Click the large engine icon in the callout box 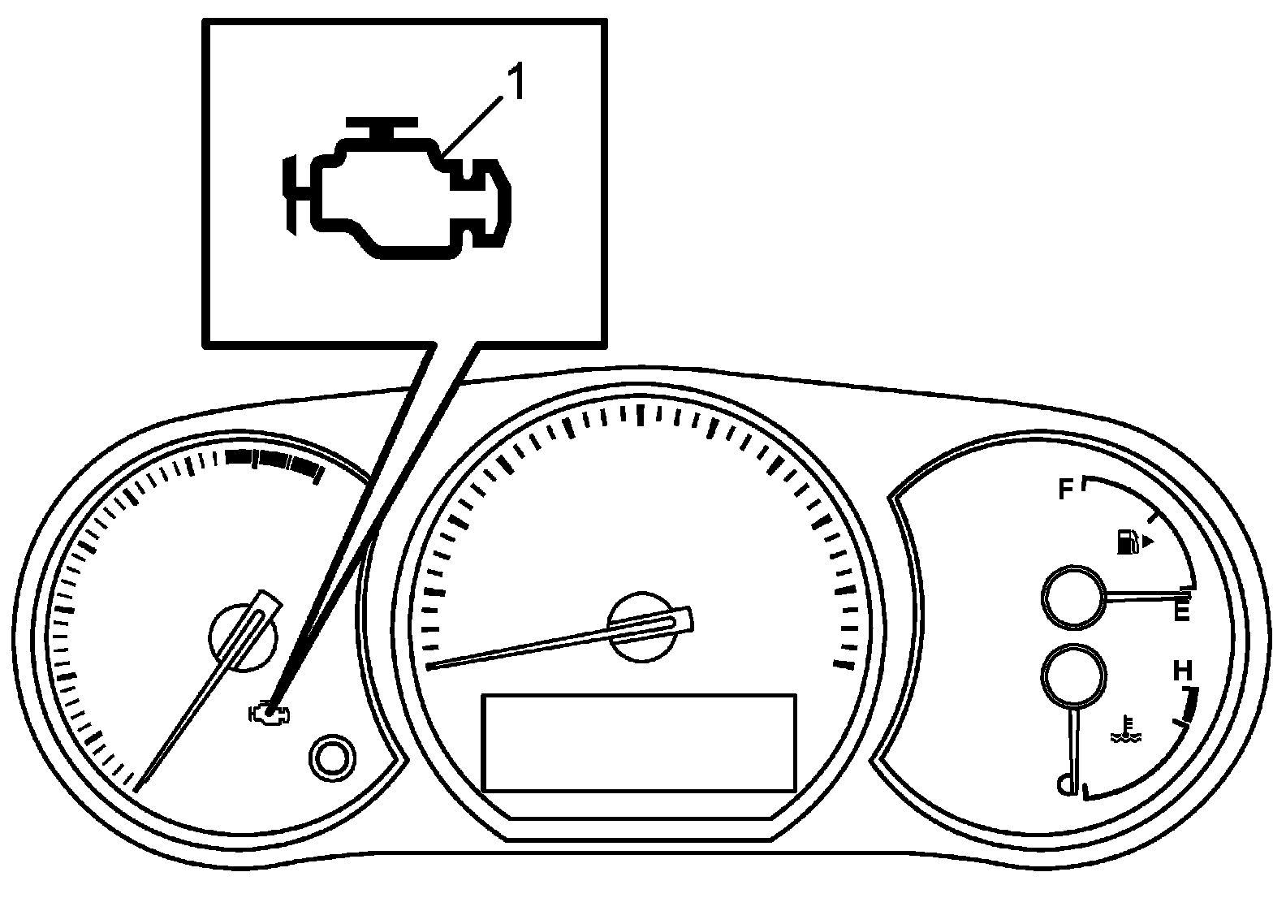coord(397,188)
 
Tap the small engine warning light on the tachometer coord(270,714)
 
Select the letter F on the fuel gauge coord(1066,490)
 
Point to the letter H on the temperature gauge coord(1183,670)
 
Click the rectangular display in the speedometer coord(640,744)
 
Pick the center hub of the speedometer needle coord(642,627)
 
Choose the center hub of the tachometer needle coord(242,637)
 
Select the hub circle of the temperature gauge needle coord(1074,676)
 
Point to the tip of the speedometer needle coord(428,667)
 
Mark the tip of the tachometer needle coord(136,790)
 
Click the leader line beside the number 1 coord(473,125)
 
